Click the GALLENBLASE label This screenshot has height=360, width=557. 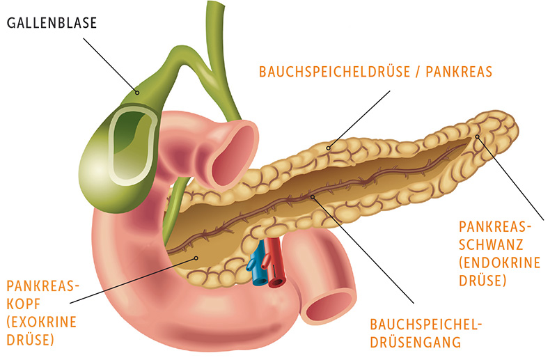52,23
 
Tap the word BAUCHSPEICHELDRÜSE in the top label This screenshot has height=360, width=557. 335,72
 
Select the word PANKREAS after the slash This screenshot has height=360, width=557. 459,72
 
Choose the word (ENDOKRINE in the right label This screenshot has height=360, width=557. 499,263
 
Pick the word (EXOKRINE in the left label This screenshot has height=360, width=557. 42,322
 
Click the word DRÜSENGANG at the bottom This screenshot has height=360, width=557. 416,343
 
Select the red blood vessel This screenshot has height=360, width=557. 275,263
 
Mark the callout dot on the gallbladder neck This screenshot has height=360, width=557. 137,93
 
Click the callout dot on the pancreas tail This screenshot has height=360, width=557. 478,136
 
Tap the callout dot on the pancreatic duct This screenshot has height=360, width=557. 312,196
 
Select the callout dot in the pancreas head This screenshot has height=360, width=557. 196,258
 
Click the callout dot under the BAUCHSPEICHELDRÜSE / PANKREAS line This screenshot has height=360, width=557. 328,148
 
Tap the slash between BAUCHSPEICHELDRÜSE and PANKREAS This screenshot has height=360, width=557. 418,72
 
